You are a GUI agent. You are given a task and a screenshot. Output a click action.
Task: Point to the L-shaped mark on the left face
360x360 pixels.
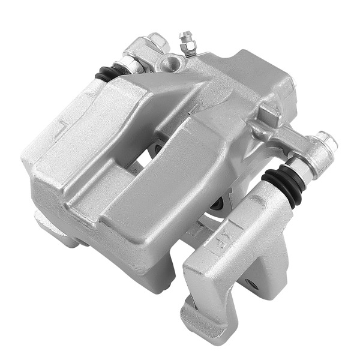pos(62,128)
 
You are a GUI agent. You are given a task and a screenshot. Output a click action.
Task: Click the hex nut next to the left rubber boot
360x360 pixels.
pos(130,63)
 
